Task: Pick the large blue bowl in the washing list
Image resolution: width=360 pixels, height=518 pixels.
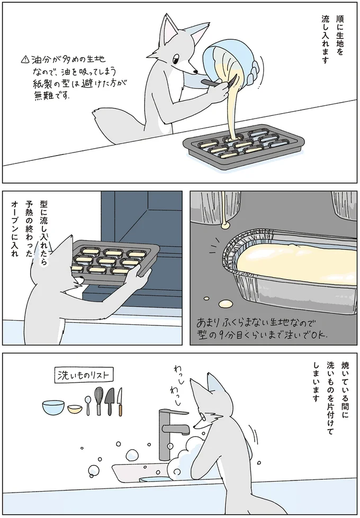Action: [x=53, y=407]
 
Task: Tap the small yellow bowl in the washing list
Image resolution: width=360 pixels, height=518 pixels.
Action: [x=75, y=409]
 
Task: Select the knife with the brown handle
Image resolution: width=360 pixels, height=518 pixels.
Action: [x=120, y=402]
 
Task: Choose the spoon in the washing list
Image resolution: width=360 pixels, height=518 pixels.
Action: [x=87, y=405]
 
